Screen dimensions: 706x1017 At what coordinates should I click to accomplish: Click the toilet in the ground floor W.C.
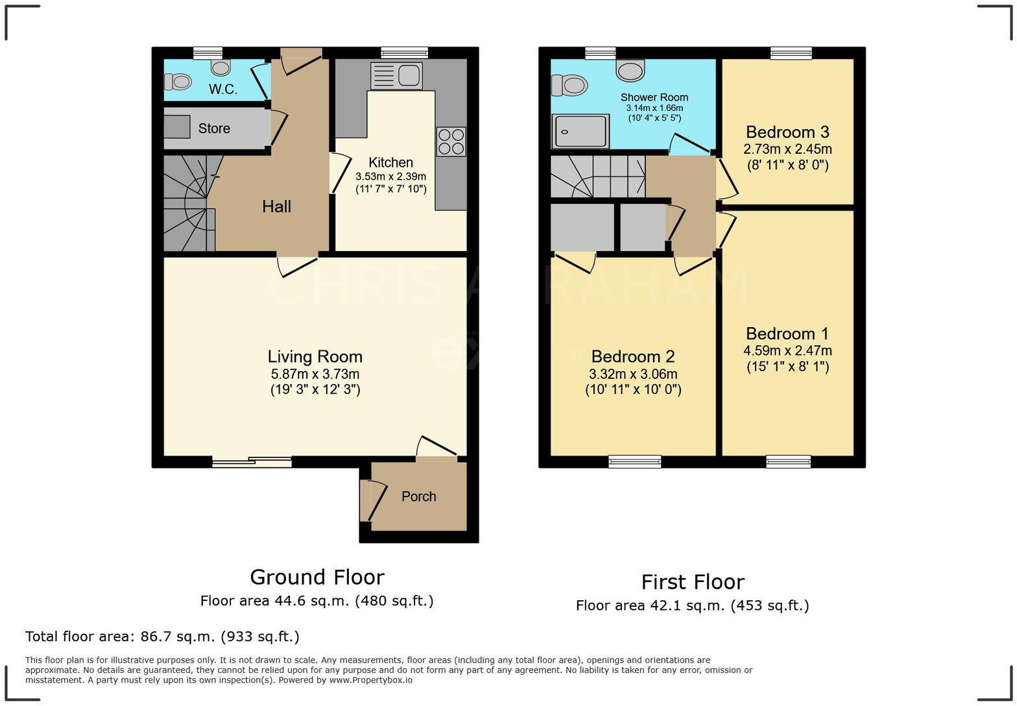pos(178,82)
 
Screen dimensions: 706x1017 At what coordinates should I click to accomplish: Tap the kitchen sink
pos(396,76)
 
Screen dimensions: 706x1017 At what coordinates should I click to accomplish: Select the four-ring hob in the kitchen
pos(451,141)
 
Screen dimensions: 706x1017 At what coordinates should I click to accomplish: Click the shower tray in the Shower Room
pos(580,131)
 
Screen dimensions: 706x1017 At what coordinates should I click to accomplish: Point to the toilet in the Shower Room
pos(569,84)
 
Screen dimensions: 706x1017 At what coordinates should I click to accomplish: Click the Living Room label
pos(315,356)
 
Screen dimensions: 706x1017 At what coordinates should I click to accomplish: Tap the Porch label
pos(418,496)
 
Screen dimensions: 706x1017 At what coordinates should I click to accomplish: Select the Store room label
pos(214,128)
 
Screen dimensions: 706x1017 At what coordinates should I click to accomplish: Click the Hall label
pos(276,206)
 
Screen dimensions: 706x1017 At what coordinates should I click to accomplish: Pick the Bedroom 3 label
pos(787,132)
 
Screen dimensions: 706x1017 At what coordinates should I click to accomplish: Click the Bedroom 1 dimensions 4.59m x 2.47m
pos(787,350)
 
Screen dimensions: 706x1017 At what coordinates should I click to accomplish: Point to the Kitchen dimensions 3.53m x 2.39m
pos(390,176)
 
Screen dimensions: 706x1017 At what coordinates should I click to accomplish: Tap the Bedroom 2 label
pos(633,356)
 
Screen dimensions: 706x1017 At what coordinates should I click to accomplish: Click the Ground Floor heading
pos(317,577)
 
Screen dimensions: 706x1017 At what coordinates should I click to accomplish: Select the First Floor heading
pos(692,581)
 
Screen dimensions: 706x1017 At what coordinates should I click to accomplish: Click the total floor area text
pos(162,636)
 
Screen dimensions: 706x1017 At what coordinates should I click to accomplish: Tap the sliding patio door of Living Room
pos(252,462)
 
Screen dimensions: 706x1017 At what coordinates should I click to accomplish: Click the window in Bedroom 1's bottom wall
pos(788,461)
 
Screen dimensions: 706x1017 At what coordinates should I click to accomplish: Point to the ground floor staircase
pos(188,203)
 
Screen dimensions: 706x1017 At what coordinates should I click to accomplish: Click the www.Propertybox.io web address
pos(370,680)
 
